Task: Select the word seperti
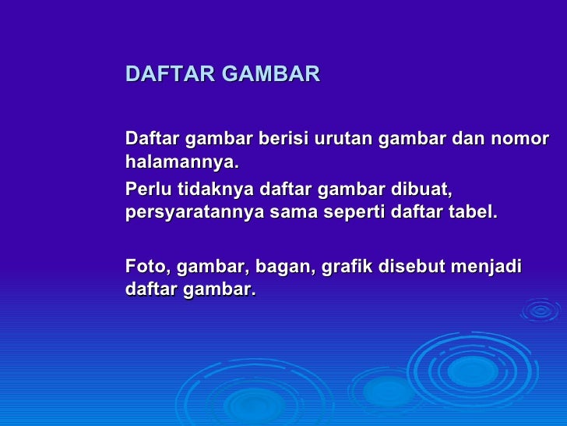[x=364, y=214]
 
